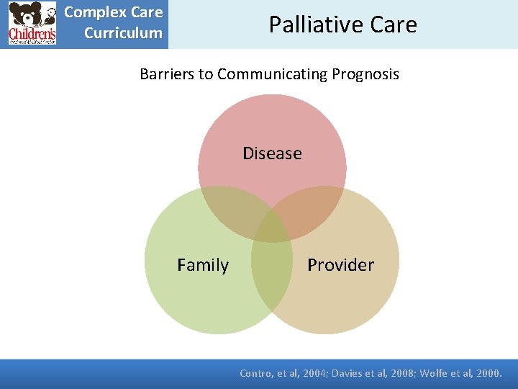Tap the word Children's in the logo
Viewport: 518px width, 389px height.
[32, 35]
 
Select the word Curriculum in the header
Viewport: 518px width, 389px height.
[123, 33]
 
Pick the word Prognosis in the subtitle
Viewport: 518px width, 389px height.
[365, 74]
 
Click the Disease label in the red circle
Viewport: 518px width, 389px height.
[272, 153]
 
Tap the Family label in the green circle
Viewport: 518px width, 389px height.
[203, 265]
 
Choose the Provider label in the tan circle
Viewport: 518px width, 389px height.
[340, 265]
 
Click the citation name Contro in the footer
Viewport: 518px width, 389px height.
[256, 373]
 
